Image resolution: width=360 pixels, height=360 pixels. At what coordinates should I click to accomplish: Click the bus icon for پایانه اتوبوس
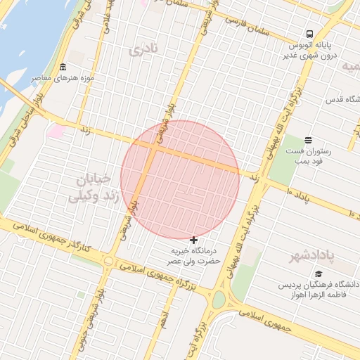tap(309, 34)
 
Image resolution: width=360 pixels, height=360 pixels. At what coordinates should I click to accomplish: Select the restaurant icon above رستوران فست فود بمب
tap(308, 140)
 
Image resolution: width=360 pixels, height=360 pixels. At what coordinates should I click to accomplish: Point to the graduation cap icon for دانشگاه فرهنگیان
tap(319, 274)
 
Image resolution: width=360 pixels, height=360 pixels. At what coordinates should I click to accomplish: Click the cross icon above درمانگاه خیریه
tap(193, 240)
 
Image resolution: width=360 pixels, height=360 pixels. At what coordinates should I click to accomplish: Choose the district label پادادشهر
tap(315, 257)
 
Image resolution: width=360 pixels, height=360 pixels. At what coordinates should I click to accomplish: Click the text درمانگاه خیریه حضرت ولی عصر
tap(193, 255)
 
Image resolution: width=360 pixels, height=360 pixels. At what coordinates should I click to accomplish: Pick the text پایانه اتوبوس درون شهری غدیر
tap(314, 49)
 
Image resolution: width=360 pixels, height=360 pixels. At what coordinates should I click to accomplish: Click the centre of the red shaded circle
tap(180, 179)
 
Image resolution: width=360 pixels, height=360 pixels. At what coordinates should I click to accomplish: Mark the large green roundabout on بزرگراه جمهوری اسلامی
tap(218, 300)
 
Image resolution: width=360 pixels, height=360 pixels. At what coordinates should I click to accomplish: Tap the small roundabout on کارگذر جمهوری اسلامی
tap(108, 261)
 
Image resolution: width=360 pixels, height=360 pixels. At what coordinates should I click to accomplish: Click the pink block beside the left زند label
tap(55, 131)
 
